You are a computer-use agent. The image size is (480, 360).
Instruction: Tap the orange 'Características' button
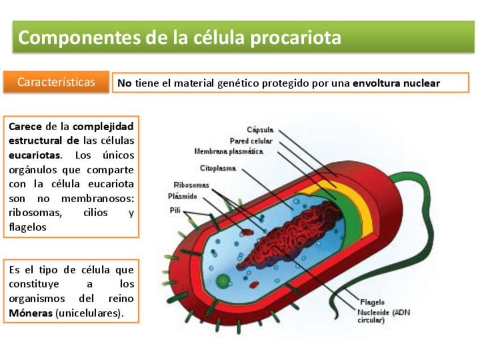[56, 82]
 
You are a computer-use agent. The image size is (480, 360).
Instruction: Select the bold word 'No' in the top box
[124, 83]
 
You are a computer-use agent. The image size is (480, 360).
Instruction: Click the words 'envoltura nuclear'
[396, 83]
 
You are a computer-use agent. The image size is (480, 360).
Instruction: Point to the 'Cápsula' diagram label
[260, 130]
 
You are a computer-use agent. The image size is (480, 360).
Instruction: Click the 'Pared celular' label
[251, 140]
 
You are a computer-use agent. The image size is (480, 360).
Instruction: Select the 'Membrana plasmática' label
[229, 152]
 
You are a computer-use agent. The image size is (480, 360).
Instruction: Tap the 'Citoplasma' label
[218, 168]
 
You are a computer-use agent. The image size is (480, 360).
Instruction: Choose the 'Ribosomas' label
[191, 185]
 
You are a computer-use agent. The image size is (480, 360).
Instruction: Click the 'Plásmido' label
[183, 196]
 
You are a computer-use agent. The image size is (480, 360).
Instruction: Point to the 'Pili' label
[175, 211]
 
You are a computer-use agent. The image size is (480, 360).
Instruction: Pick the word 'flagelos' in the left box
[27, 228]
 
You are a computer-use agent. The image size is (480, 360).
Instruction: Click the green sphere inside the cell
[224, 280]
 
